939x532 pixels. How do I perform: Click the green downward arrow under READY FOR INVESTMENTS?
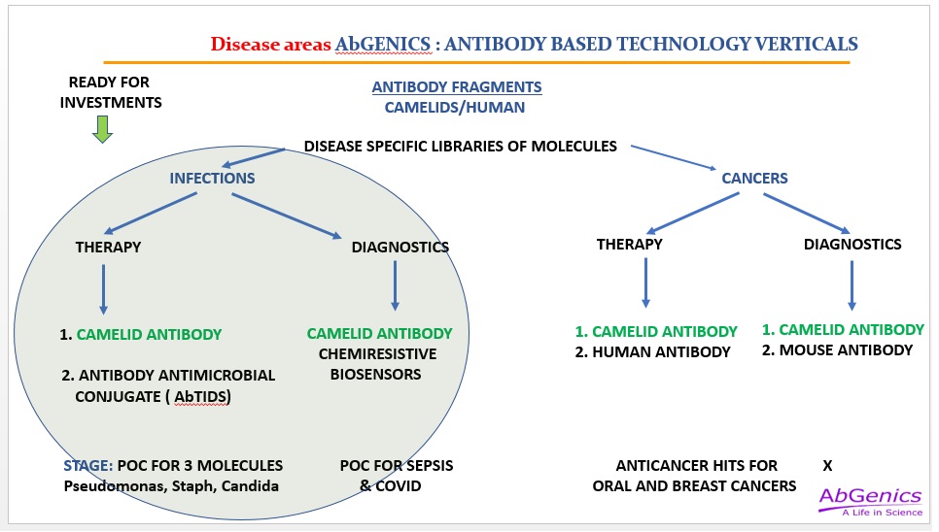coord(102,129)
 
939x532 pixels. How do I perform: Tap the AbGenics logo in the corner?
coord(870,502)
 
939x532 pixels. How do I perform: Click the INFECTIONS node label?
coord(212,178)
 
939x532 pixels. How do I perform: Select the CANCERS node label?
coord(754,178)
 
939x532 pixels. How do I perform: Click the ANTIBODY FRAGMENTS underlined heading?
coord(457,87)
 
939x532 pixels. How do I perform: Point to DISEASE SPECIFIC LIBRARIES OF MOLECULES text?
coord(461,147)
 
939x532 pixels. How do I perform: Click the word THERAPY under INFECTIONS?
coord(109,247)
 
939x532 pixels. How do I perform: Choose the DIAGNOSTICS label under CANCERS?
coord(852,244)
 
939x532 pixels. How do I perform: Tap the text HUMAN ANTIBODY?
coord(661,352)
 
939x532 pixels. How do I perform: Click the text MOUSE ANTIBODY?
coord(846,350)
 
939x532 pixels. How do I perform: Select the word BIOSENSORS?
coord(376,374)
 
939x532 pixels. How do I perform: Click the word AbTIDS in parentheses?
coord(201,397)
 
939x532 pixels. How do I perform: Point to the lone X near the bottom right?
coord(827,466)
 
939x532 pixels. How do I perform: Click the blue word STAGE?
coord(88,466)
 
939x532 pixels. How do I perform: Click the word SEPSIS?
coord(425,466)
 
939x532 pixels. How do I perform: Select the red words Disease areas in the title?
coord(270,45)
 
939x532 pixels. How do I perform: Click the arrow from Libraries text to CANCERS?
coord(674,158)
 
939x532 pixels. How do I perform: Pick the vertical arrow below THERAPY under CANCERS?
coord(645,283)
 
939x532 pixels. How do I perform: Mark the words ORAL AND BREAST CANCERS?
coord(695,486)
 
